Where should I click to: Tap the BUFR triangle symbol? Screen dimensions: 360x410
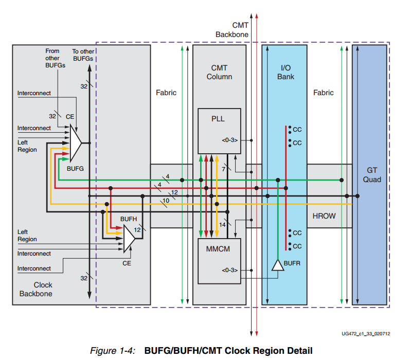(x=278, y=265)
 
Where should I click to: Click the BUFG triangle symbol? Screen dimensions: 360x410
(x=76, y=143)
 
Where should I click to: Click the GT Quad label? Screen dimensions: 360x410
(x=372, y=175)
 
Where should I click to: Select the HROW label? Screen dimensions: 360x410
(x=324, y=216)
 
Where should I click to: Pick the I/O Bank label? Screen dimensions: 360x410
(x=287, y=72)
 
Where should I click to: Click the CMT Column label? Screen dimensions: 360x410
(x=219, y=72)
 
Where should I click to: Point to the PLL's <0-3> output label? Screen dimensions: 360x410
(x=230, y=140)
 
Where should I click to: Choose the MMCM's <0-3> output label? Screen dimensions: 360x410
(x=230, y=269)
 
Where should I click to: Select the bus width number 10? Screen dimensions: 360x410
(x=166, y=200)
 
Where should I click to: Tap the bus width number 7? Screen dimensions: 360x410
(x=223, y=169)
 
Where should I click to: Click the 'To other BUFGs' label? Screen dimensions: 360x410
(x=83, y=55)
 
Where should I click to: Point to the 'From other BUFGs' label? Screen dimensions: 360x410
(x=52, y=58)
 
